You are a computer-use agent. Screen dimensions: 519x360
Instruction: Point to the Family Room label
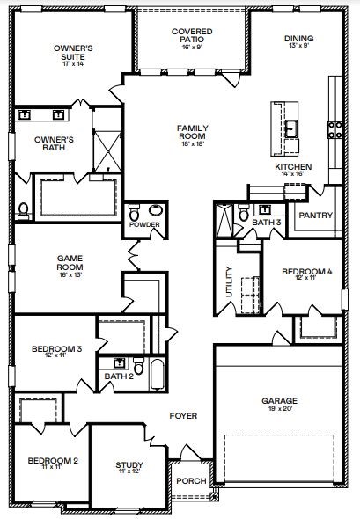[x=192, y=134]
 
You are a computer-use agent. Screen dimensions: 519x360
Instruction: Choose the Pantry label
[x=314, y=215]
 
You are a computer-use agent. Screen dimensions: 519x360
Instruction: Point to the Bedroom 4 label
[x=306, y=273]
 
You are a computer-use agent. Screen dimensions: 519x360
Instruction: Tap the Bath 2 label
[x=119, y=376]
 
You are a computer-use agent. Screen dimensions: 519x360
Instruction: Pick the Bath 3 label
[x=266, y=223]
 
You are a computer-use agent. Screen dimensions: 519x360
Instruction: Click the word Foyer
[x=184, y=416]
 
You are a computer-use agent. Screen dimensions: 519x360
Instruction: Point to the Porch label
[x=191, y=480]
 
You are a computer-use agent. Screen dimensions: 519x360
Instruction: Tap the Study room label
[x=129, y=466]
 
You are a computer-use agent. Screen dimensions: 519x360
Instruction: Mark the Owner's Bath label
[x=53, y=143]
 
